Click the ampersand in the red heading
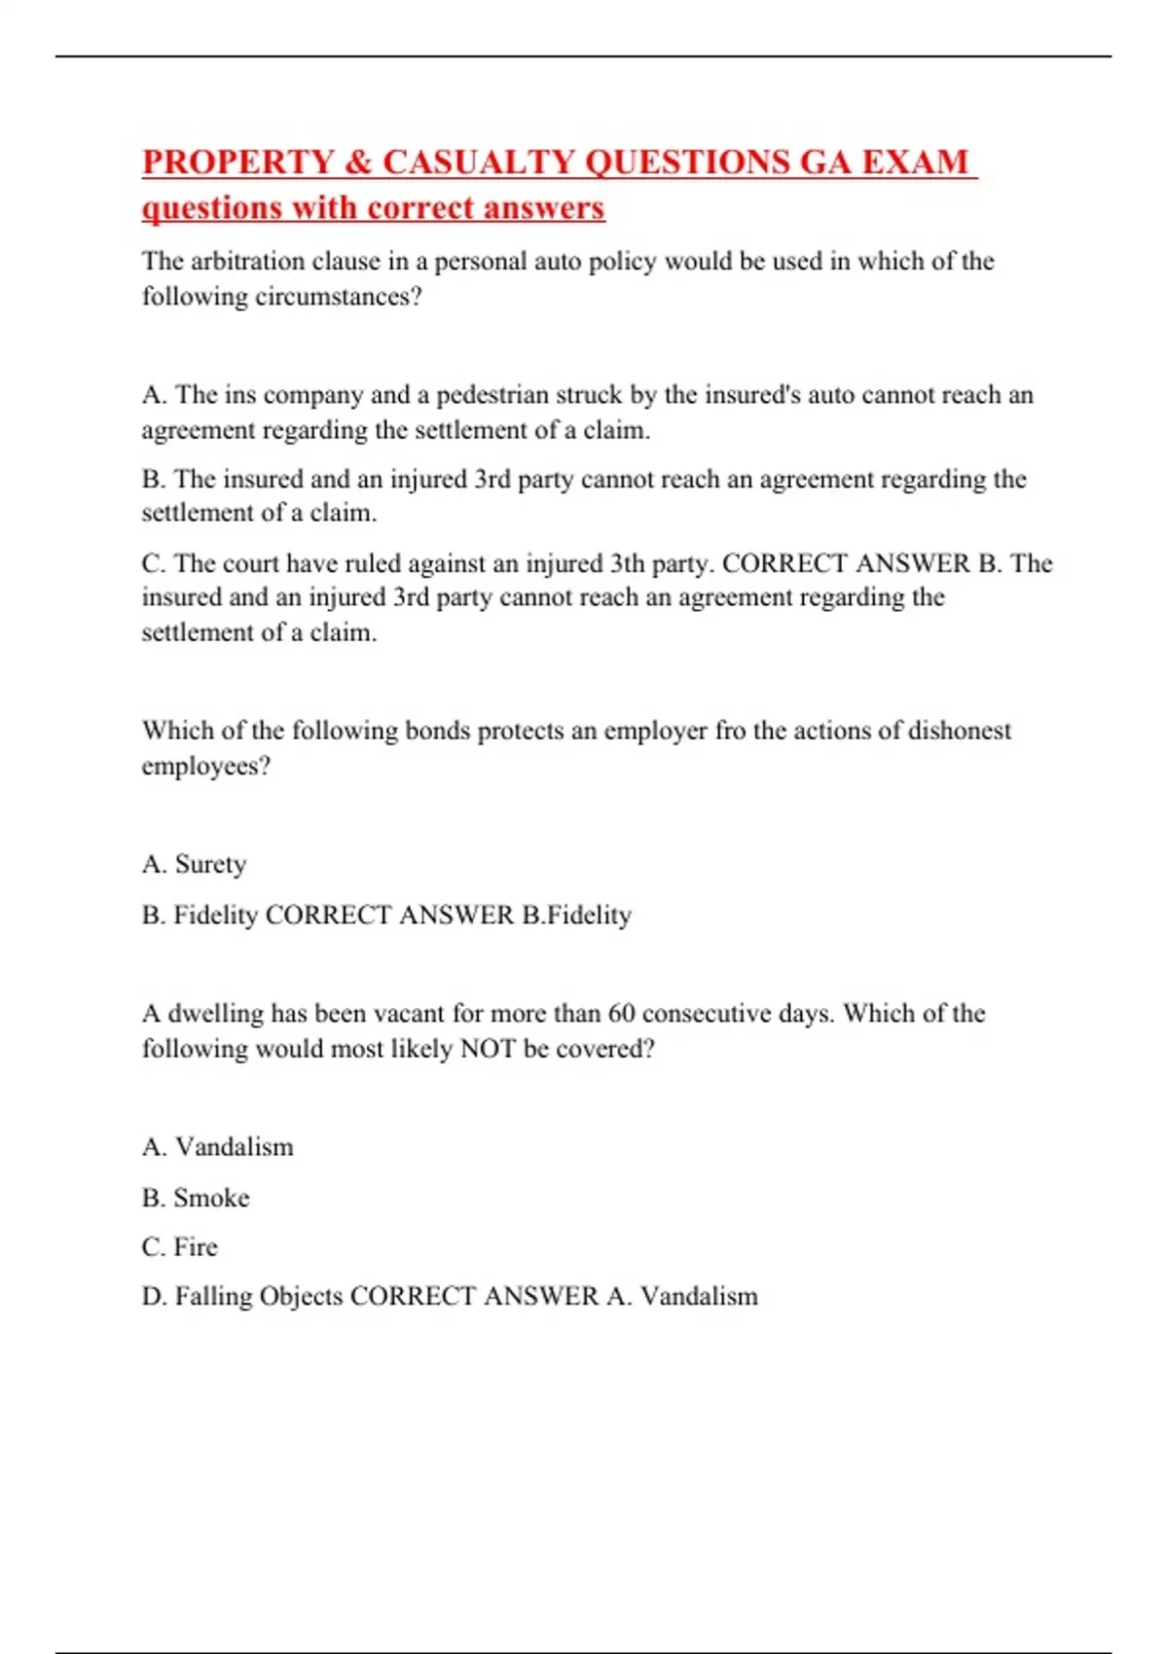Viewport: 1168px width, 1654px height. [358, 162]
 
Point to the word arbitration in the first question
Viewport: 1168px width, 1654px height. [245, 261]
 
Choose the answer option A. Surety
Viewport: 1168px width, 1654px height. [194, 864]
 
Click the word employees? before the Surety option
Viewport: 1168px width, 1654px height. [205, 767]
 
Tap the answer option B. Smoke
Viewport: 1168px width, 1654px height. [196, 1198]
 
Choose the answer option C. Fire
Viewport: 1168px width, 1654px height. [180, 1247]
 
